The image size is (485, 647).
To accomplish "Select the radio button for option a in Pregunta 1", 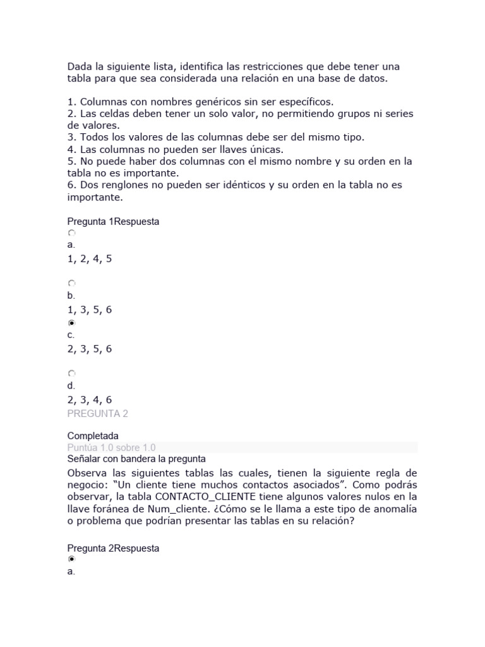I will tap(71, 233).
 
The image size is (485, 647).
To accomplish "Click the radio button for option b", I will tap(71, 283).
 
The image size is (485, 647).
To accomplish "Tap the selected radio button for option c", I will tap(71, 323).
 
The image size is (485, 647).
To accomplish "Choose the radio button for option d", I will tap(71, 373).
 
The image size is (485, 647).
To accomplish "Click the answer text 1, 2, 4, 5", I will tap(89, 258).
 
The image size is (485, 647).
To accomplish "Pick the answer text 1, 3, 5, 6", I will tap(89, 310).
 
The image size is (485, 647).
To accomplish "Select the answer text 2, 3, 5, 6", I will tap(89, 349).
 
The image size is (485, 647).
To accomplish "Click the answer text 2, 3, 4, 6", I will tap(89, 399).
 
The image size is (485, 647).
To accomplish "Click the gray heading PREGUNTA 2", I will tap(97, 414).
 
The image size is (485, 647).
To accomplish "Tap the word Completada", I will tap(92, 436).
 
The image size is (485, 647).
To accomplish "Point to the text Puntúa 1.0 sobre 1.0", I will tap(111, 447).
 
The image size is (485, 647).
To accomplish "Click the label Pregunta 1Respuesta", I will tap(113, 221).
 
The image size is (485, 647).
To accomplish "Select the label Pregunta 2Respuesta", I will tap(113, 548).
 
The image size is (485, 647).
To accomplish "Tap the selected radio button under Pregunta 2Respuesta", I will tap(71, 560).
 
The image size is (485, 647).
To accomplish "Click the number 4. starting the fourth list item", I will tap(71, 149).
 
